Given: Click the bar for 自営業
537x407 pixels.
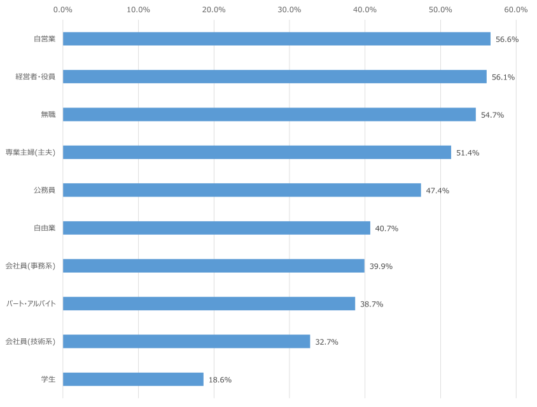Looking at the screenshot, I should pyautogui.click(x=277, y=39).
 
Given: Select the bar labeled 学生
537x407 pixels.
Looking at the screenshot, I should pyautogui.click(x=133, y=379).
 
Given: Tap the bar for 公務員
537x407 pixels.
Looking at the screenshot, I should pyautogui.click(x=242, y=190).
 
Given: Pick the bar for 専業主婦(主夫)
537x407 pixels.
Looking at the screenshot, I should pyautogui.click(x=257, y=153).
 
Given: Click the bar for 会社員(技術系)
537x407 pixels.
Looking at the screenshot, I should pyautogui.click(x=186, y=341).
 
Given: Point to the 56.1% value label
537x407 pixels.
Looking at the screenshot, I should pyautogui.click(x=503, y=77).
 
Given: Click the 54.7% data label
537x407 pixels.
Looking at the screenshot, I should pyautogui.click(x=492, y=115).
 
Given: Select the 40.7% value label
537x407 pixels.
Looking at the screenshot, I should pyautogui.click(x=387, y=228).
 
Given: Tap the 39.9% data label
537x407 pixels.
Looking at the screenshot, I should pyautogui.click(x=381, y=266).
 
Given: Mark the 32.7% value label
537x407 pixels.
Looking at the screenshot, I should pyautogui.click(x=327, y=342).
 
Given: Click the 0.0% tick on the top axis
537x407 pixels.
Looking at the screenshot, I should pyautogui.click(x=63, y=10).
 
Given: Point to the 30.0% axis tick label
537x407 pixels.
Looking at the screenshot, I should pyautogui.click(x=289, y=10).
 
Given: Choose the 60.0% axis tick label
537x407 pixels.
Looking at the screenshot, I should pyautogui.click(x=516, y=10).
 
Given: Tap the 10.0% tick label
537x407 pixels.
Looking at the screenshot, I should pyautogui.click(x=139, y=10).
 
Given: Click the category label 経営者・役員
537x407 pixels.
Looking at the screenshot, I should pyautogui.click(x=36, y=77).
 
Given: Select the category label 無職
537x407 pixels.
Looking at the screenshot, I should pyautogui.click(x=48, y=115).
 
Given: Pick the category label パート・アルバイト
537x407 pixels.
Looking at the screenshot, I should pyautogui.click(x=31, y=304).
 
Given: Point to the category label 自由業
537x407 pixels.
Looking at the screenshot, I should pyautogui.click(x=45, y=228).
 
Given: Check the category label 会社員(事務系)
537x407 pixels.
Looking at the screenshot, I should pyautogui.click(x=31, y=266).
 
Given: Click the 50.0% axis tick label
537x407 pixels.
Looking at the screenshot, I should pyautogui.click(x=440, y=10).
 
